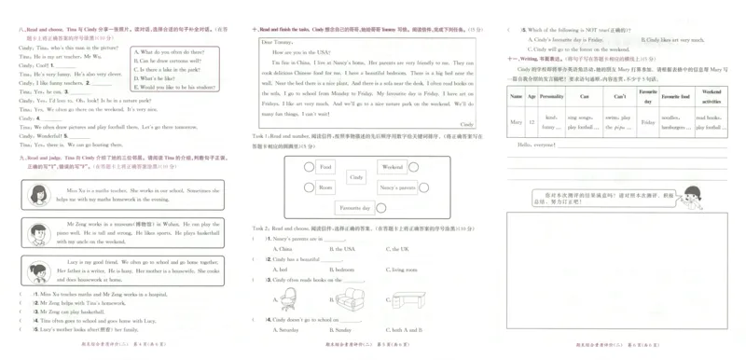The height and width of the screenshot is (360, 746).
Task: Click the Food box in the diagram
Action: [x=325, y=167]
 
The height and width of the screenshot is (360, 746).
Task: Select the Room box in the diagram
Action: [x=325, y=187]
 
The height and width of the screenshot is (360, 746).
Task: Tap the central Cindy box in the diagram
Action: [x=355, y=176]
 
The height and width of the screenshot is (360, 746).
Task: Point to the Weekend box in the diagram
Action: [x=392, y=167]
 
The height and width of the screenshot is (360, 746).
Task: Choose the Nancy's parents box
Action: [x=395, y=187]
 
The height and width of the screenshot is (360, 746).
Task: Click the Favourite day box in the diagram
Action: [x=355, y=207]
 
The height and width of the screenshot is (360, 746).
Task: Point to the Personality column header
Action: [x=552, y=96]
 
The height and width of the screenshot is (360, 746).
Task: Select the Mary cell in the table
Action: [x=516, y=121]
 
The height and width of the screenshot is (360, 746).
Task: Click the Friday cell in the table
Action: [x=647, y=121]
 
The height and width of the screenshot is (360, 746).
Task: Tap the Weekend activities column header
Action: [x=711, y=96]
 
